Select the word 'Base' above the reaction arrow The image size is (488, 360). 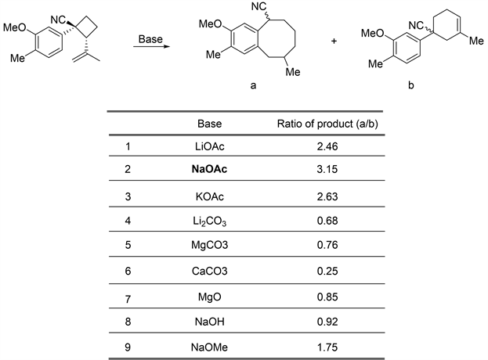[x=150, y=38]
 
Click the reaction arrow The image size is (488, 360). [x=150, y=49]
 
